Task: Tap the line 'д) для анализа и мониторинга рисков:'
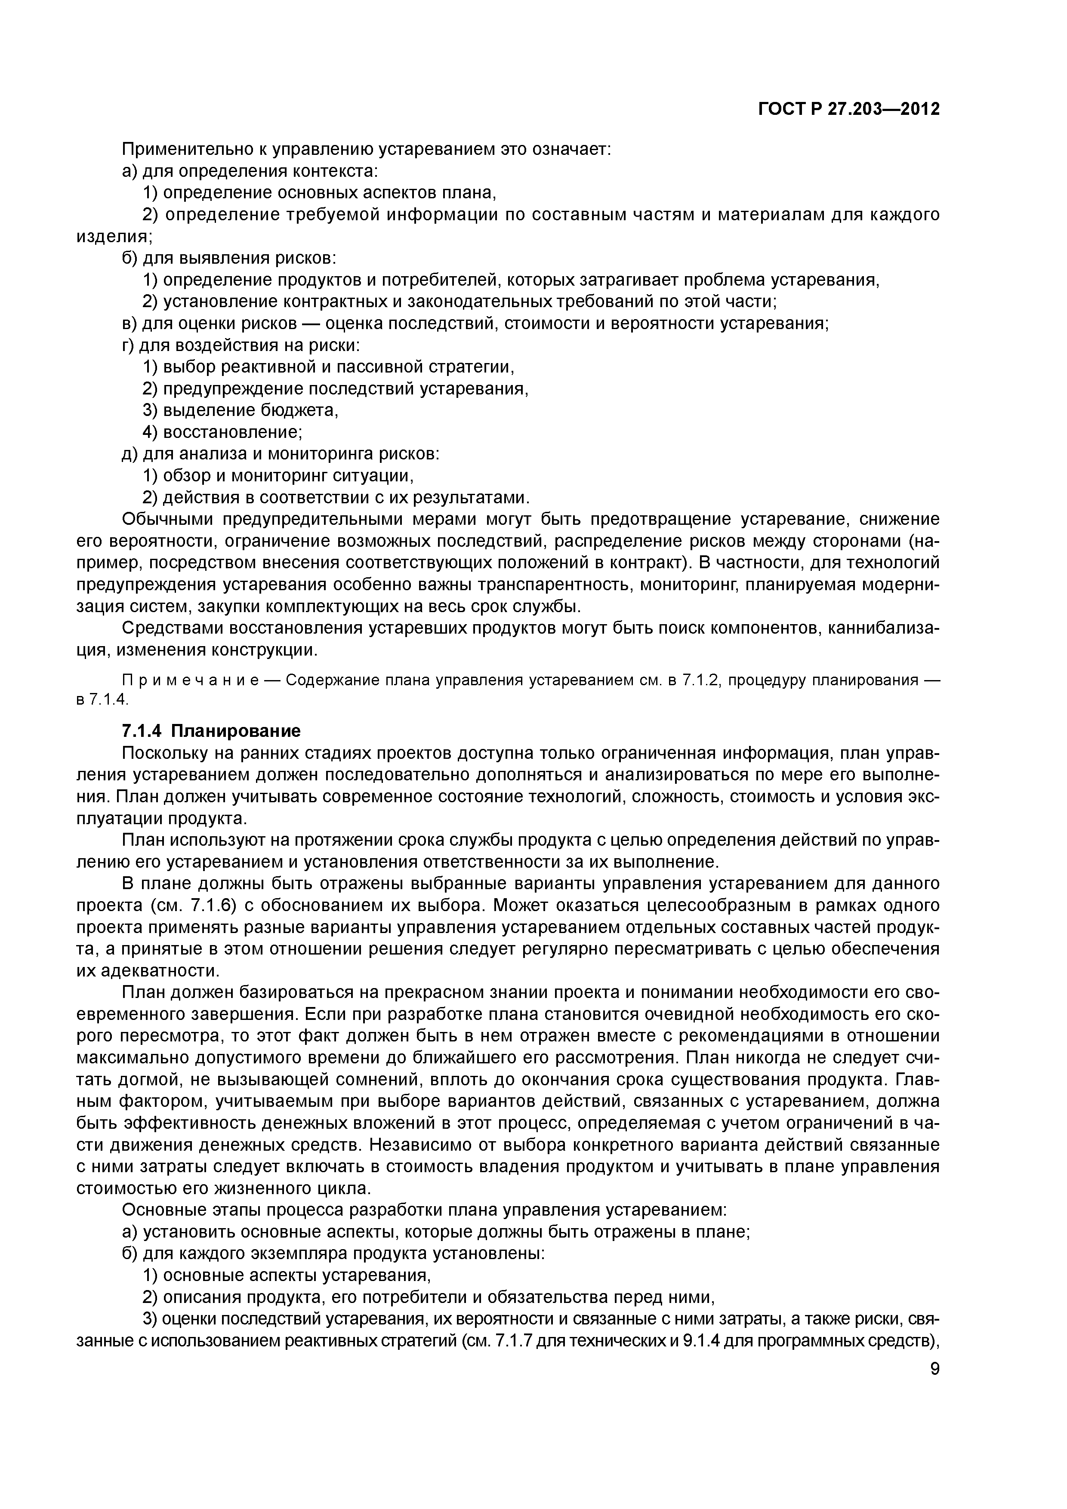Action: (281, 453)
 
